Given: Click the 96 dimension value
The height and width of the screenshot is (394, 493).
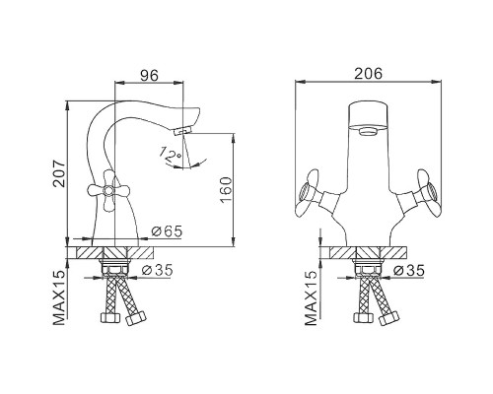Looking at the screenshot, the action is tap(150, 76).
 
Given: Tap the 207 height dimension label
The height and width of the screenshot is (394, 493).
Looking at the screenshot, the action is tap(59, 173).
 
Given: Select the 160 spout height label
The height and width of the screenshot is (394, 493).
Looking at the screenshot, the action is tap(226, 190).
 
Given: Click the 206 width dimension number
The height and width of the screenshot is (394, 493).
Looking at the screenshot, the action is tap(368, 74).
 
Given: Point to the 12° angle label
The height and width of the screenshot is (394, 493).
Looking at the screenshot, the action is tap(171, 154).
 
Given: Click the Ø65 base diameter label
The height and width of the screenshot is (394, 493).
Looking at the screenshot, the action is tap(167, 231).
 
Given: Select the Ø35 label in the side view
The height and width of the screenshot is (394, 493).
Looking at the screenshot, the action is tap(157, 270).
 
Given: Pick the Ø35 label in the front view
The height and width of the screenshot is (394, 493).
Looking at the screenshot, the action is tap(409, 271).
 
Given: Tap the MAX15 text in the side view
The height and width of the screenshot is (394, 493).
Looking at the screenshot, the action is tap(59, 297).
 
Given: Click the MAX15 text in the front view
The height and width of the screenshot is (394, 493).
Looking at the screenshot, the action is tap(312, 298).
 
